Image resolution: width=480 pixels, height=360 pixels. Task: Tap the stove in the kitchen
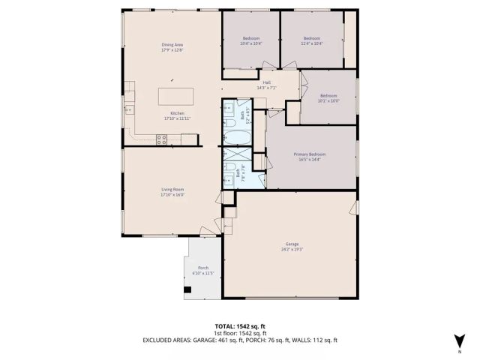tap(161, 137)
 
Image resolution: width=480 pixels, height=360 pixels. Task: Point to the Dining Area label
tap(172, 45)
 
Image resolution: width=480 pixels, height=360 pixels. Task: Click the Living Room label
tap(172, 189)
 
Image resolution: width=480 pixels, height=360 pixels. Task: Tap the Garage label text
tap(292, 244)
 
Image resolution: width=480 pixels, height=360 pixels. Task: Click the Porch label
tap(202, 268)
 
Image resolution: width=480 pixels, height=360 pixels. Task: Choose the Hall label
tap(266, 82)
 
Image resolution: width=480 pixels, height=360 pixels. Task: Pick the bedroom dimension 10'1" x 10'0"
tap(329, 101)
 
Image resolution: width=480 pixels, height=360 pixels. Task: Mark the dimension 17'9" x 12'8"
tap(172, 50)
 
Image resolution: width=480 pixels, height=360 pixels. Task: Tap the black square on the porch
tap(186, 289)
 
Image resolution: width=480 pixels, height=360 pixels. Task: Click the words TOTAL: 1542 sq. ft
tap(240, 326)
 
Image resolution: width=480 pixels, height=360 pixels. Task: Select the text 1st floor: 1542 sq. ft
tap(240, 333)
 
